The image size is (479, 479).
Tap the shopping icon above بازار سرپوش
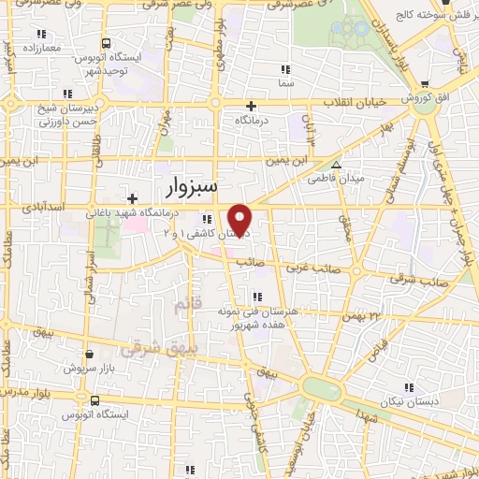coord(88,355)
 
